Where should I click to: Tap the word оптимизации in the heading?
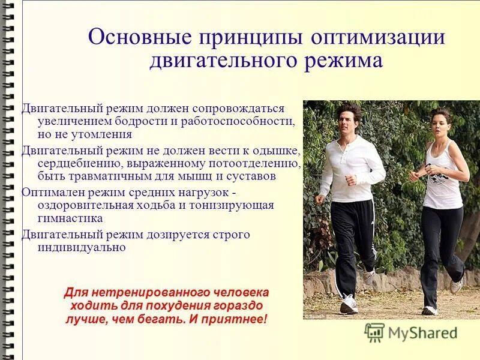point(377,37)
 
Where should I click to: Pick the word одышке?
point(274,150)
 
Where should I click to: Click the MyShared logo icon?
point(374,332)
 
